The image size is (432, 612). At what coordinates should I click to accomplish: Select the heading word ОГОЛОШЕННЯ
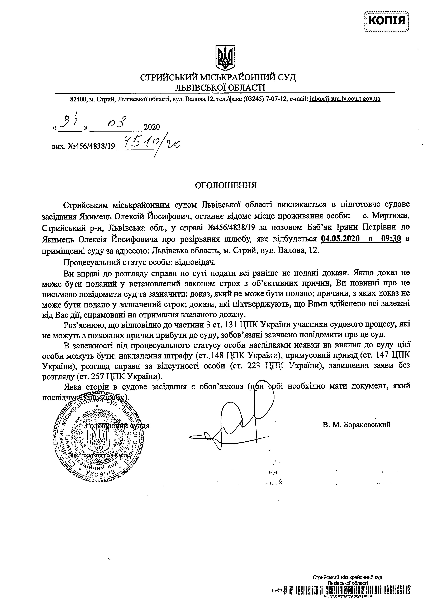coord(226,185)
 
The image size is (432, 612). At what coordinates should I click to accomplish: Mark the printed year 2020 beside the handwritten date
coord(152,127)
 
